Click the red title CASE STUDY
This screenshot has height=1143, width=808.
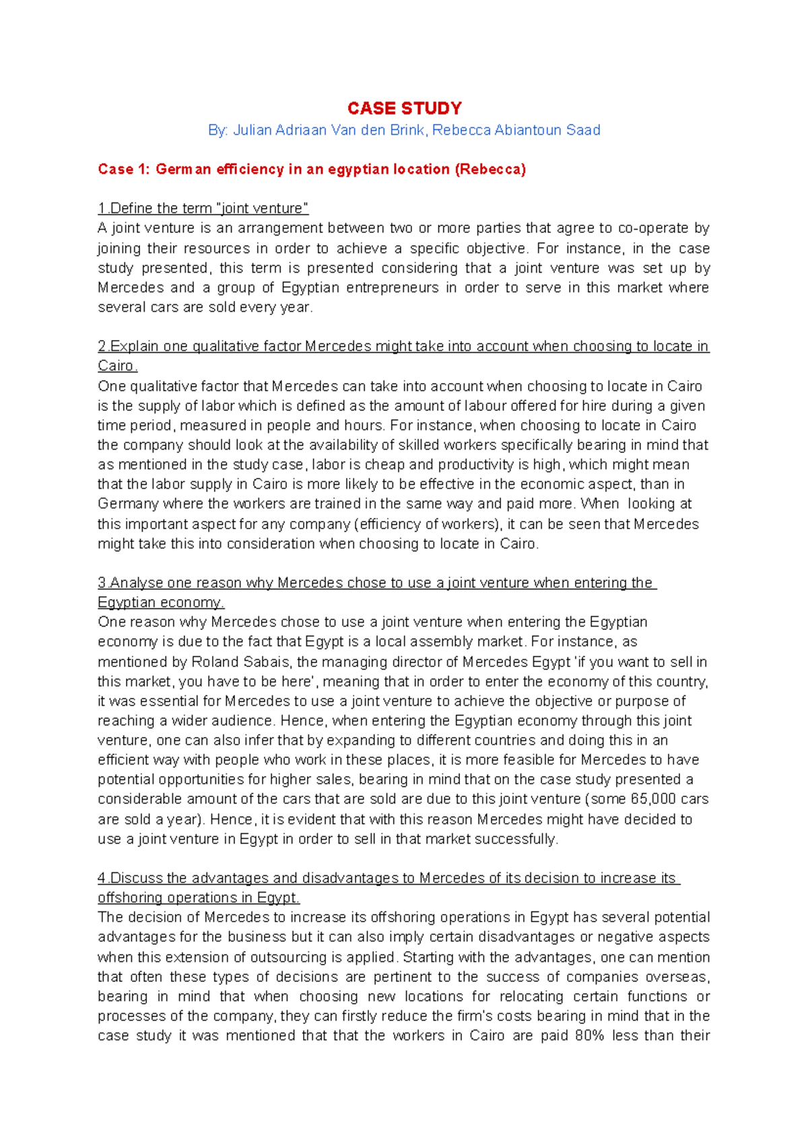click(404, 108)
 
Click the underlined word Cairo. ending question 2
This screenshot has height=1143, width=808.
click(117, 366)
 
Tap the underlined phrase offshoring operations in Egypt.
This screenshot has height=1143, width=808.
click(199, 898)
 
